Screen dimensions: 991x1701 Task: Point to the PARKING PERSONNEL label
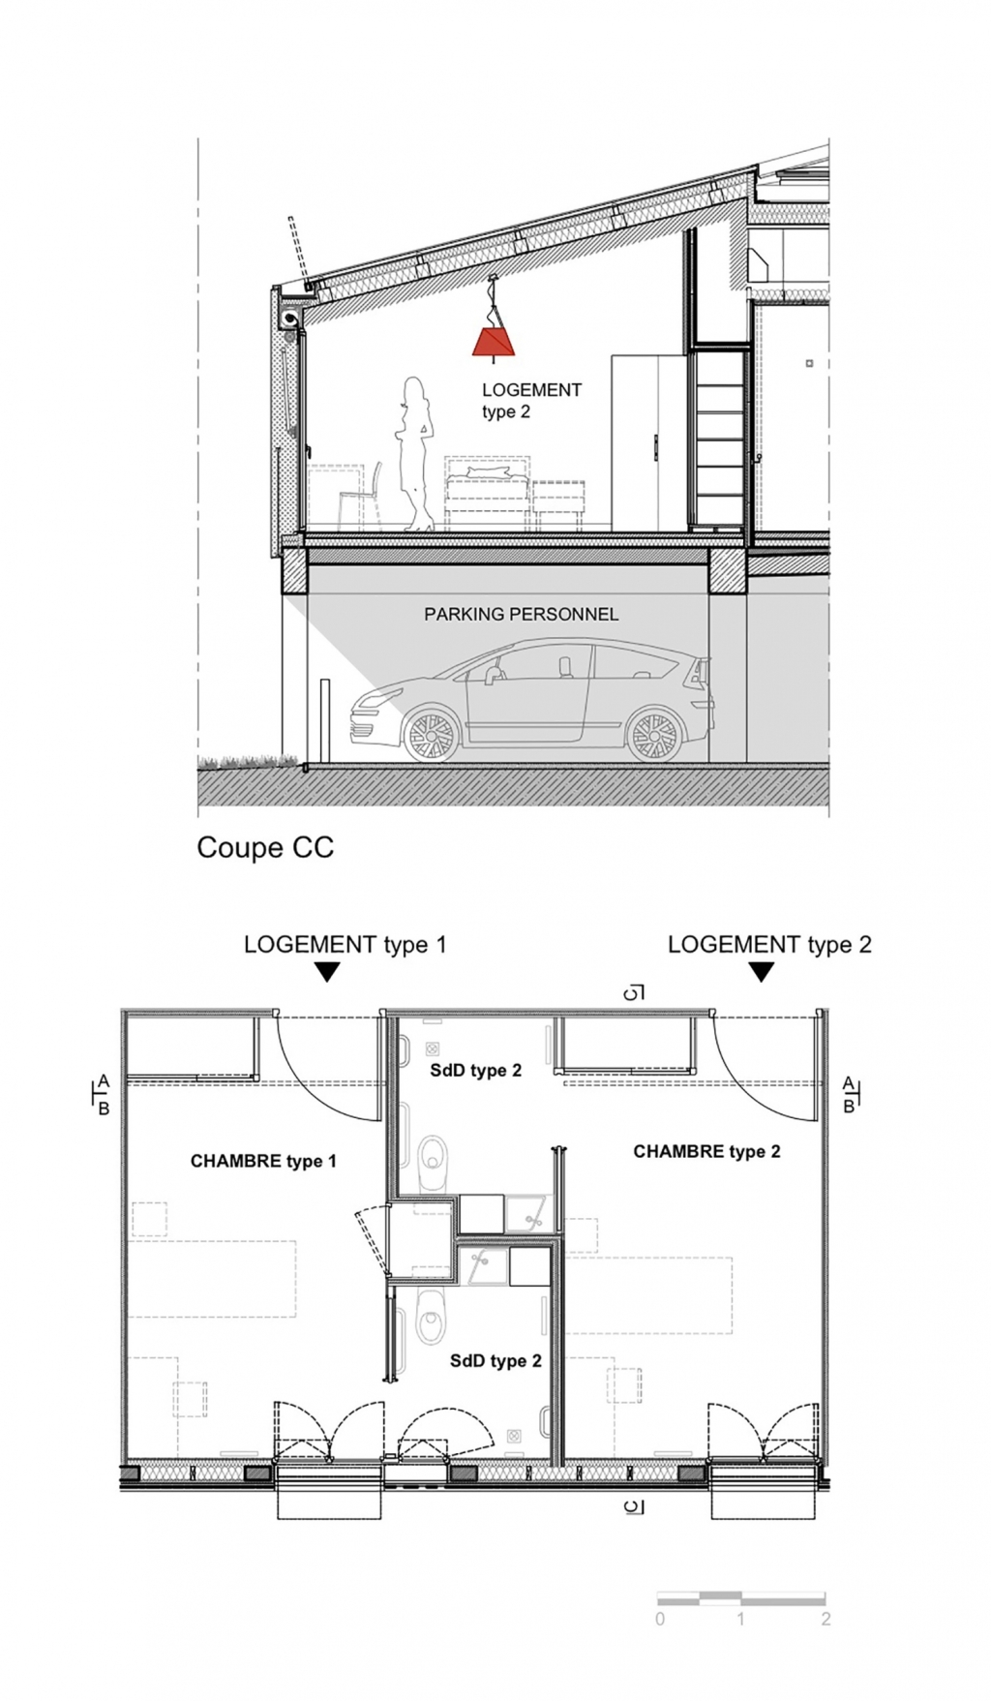click(521, 614)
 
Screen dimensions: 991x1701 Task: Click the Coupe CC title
click(265, 847)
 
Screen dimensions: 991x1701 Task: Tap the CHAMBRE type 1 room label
click(263, 1161)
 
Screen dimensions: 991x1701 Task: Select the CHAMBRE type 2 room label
click(706, 1151)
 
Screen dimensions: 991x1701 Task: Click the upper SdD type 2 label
click(476, 1070)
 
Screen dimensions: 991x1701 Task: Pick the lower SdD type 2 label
click(495, 1360)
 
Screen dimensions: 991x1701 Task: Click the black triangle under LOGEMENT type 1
click(328, 972)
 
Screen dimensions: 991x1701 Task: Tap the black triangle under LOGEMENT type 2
click(762, 972)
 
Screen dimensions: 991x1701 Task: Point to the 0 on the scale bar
click(660, 1619)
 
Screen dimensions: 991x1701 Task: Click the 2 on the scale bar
click(826, 1619)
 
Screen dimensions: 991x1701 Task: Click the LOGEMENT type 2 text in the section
click(531, 401)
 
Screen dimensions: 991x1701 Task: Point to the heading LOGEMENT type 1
click(345, 945)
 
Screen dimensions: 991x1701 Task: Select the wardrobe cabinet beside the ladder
click(649, 442)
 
